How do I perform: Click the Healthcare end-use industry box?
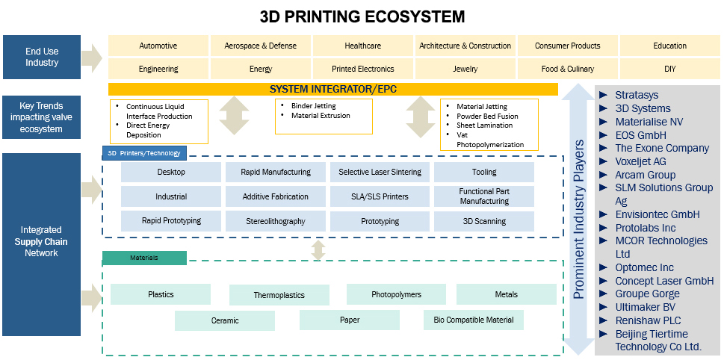pos(362,46)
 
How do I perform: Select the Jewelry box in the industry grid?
pos(465,69)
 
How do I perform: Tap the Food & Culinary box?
pos(567,69)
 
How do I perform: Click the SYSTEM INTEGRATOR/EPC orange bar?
pos(333,89)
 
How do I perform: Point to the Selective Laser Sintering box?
pos(380,172)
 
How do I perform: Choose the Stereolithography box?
pos(276,221)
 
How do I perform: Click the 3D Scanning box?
pos(483,221)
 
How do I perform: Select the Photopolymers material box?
pos(396,294)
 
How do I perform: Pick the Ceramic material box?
pos(225,320)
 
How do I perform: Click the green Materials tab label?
pos(144,258)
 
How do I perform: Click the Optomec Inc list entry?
pos(644,267)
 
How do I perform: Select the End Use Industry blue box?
pos(42,57)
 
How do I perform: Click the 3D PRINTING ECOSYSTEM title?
pos(362,16)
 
